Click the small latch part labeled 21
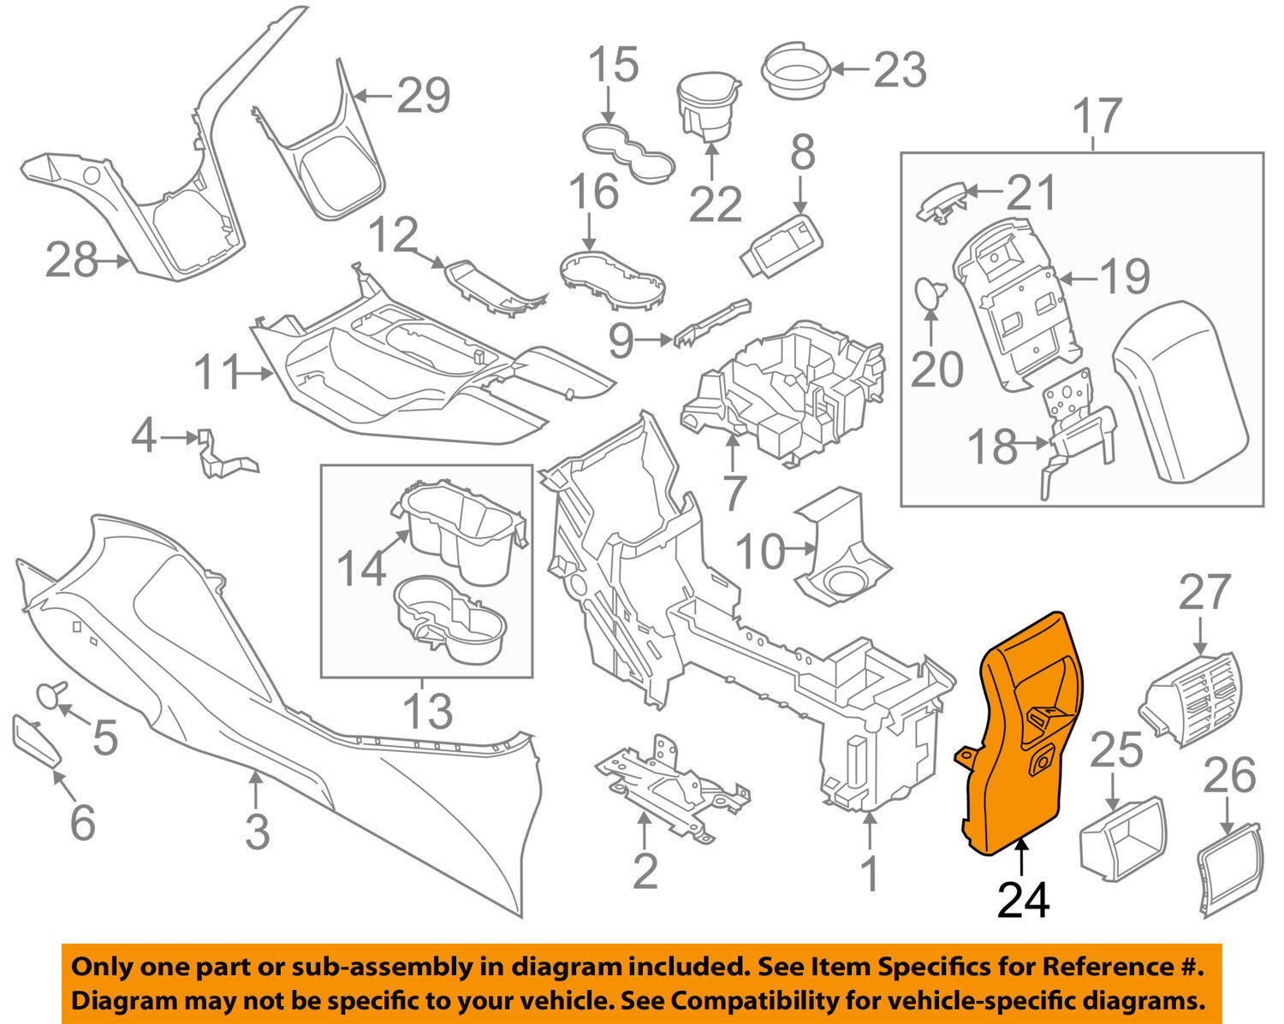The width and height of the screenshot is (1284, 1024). coord(944,202)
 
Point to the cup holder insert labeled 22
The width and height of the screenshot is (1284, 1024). coord(708,108)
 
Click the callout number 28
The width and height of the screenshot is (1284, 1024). coord(71,259)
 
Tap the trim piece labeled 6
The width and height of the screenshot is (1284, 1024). coord(37,741)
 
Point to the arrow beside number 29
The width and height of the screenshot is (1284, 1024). coord(373,96)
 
